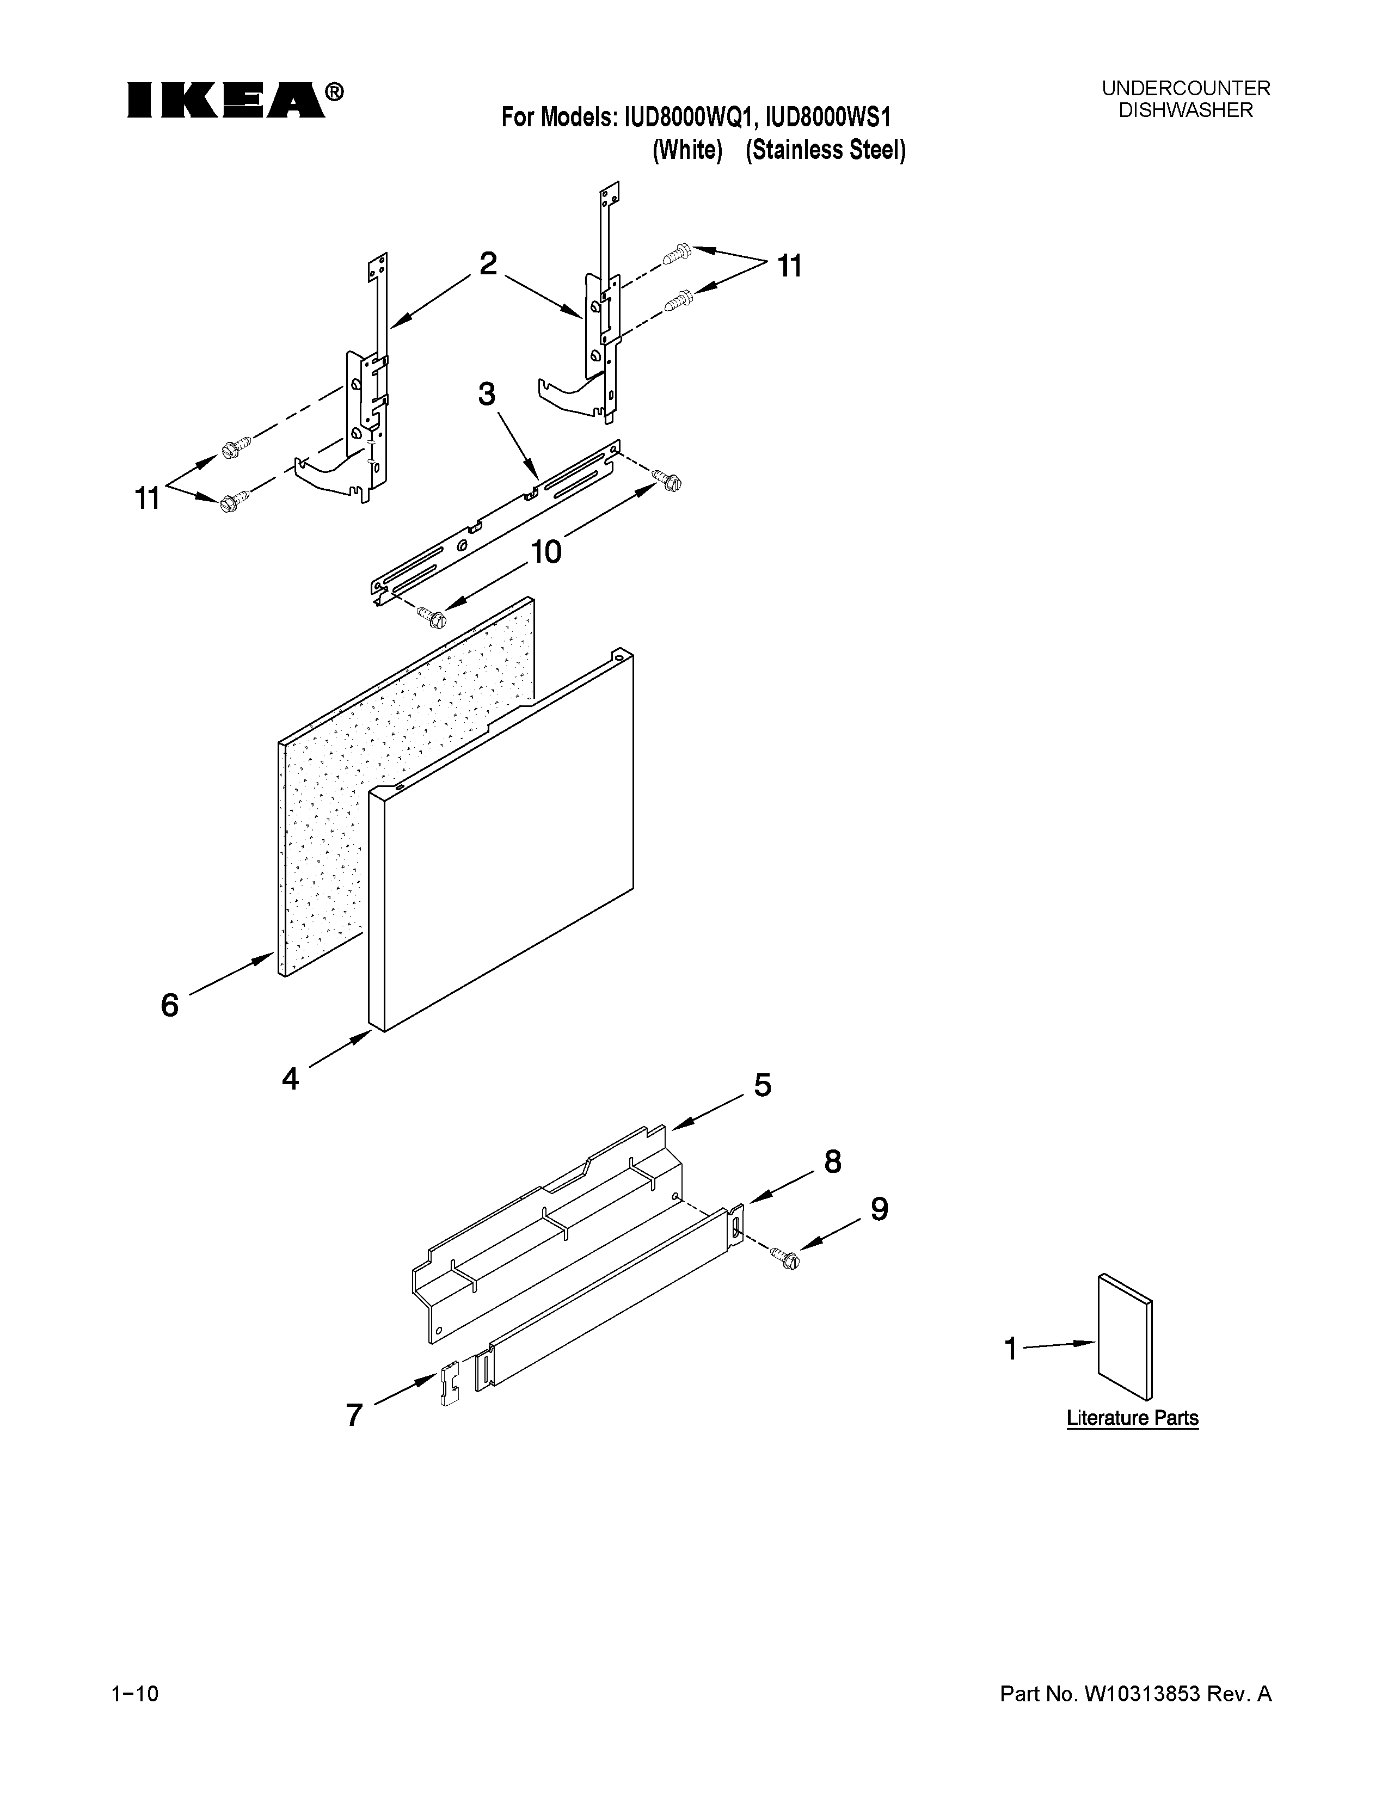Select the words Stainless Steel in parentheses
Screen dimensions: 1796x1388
(x=826, y=151)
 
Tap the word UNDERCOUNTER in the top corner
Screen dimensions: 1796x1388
(x=1186, y=88)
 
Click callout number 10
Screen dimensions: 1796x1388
(x=546, y=552)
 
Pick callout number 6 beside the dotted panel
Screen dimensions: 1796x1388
(x=169, y=1005)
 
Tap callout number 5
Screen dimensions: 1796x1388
(x=762, y=1086)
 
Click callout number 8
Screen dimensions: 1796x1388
(x=832, y=1161)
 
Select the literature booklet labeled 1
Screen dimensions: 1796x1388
(x=1125, y=1336)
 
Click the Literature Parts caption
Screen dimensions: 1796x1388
(x=1132, y=1418)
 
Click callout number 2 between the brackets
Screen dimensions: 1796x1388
(x=488, y=264)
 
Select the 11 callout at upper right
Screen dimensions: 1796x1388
(x=789, y=267)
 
